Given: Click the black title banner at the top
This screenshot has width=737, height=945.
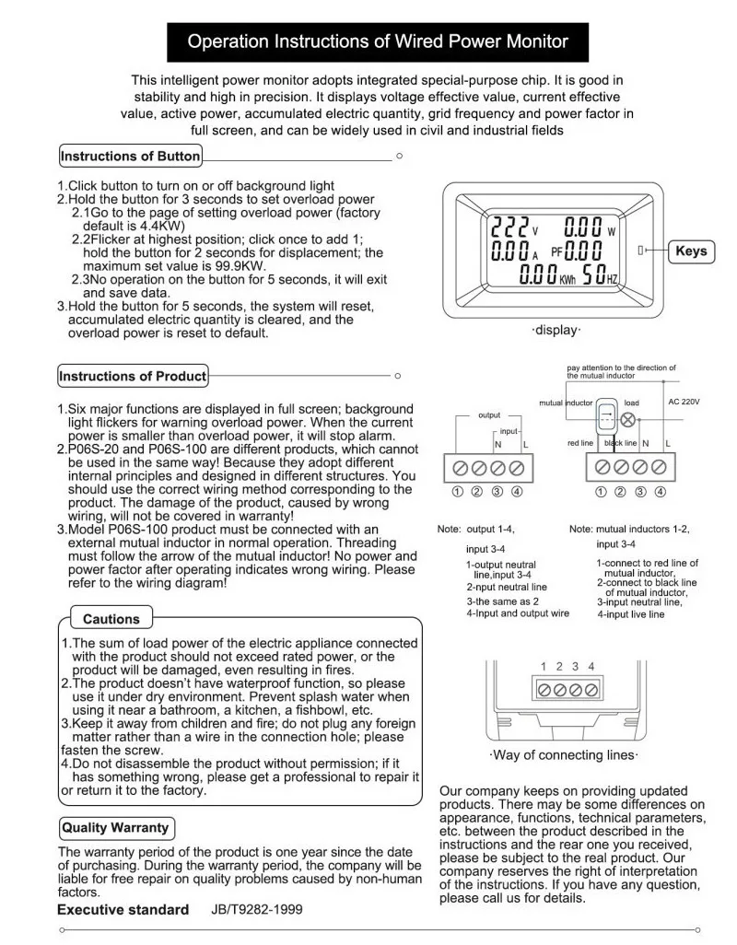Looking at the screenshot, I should [378, 41].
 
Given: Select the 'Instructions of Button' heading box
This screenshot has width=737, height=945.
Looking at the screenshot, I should [130, 157].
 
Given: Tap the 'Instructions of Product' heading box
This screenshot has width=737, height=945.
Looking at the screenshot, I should [134, 376].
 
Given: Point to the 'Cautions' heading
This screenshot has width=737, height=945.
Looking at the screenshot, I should [111, 619].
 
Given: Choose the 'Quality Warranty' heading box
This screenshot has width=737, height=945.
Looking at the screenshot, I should [114, 827].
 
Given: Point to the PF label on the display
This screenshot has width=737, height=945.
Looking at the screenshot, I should [557, 251].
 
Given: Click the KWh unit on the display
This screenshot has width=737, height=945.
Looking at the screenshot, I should [567, 275].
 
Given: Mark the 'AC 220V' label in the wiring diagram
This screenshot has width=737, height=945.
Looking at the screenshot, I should [684, 402].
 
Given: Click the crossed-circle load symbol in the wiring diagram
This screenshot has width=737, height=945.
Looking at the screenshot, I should [630, 419].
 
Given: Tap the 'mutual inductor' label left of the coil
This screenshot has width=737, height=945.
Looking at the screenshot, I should [566, 403].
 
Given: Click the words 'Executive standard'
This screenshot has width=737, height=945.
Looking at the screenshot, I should [123, 910].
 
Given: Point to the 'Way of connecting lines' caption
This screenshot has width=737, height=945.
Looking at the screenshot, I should [563, 755].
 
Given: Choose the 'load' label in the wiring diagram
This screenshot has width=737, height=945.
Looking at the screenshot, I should [632, 402].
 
